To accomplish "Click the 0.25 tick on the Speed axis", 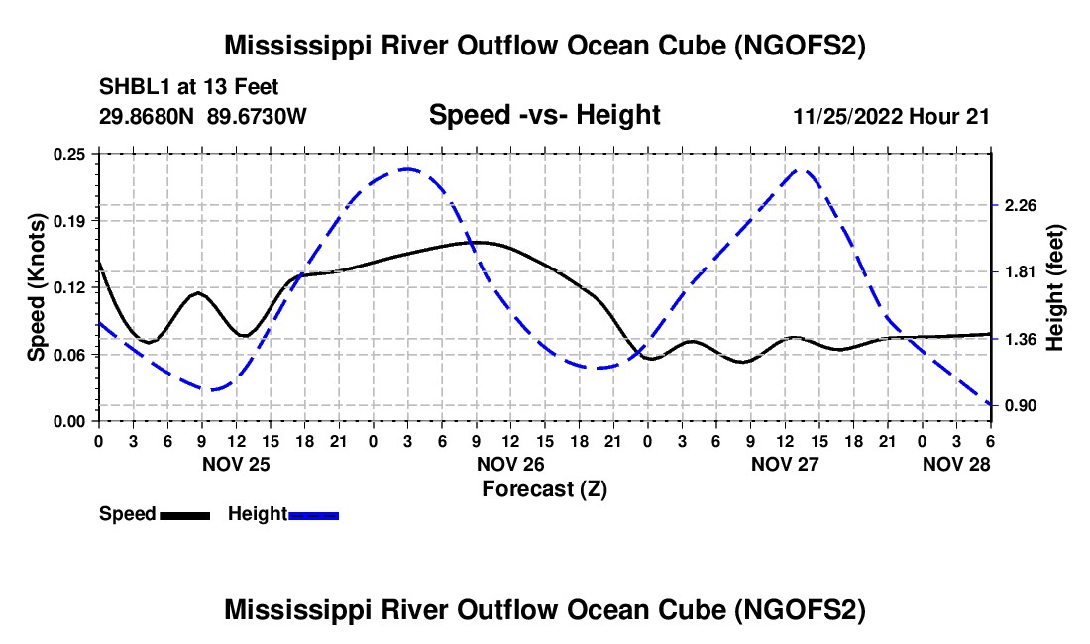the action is (x=68, y=154).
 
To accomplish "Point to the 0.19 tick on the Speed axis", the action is (x=68, y=221).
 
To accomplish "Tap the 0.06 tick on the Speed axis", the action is (x=68, y=355).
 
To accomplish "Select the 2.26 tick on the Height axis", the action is (x=1021, y=205).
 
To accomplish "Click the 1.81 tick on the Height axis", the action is (x=1021, y=271).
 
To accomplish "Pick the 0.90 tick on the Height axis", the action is (x=1021, y=405).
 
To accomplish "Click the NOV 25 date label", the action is (x=237, y=464).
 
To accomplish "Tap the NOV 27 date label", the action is (x=785, y=464).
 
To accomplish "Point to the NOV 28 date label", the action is (x=956, y=464).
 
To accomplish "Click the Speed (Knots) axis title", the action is (x=36, y=287).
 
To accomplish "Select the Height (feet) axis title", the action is (x=1054, y=287).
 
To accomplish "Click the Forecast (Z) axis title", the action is (x=545, y=489).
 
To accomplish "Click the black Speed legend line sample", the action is (x=185, y=516).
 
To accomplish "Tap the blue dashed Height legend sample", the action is (x=313, y=516).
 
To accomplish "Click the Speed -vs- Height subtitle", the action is (x=545, y=115).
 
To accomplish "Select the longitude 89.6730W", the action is (x=257, y=116).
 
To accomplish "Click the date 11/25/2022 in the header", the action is (x=848, y=116).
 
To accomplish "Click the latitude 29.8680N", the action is (x=147, y=116).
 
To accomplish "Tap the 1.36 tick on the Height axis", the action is (x=1021, y=340).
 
